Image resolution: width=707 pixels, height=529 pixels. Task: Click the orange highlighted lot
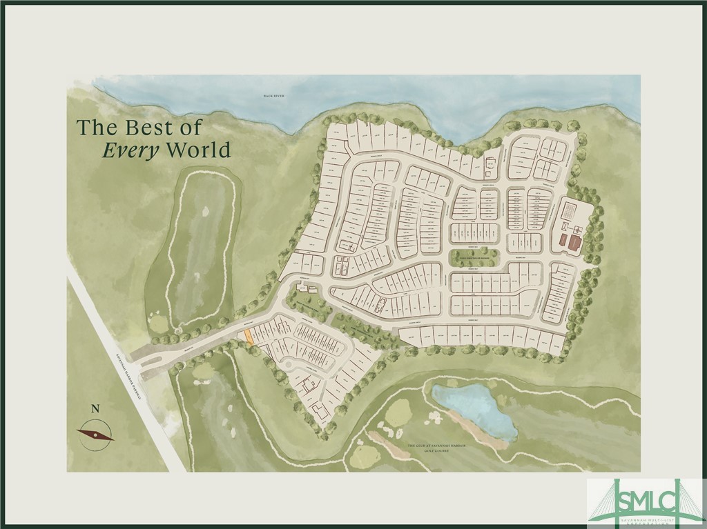(x=249, y=336)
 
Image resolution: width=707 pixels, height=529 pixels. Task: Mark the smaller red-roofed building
(x=562, y=240)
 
